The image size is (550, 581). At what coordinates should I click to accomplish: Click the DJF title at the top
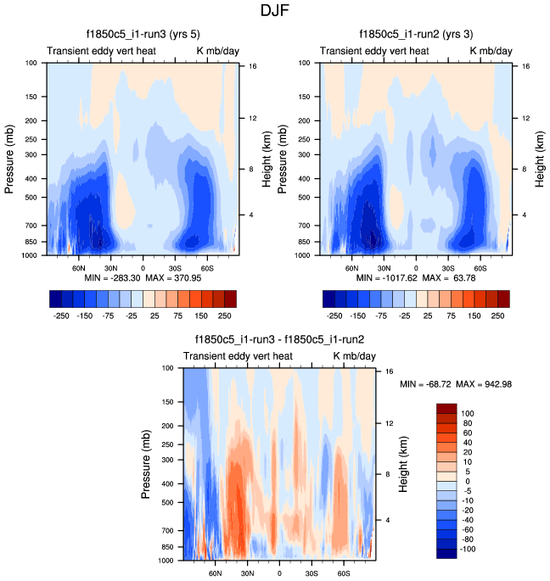pyautogui.click(x=275, y=12)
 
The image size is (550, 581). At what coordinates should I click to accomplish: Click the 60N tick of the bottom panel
pyautogui.click(x=216, y=573)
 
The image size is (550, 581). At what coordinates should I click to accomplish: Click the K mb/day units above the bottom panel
pyautogui.click(x=353, y=356)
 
